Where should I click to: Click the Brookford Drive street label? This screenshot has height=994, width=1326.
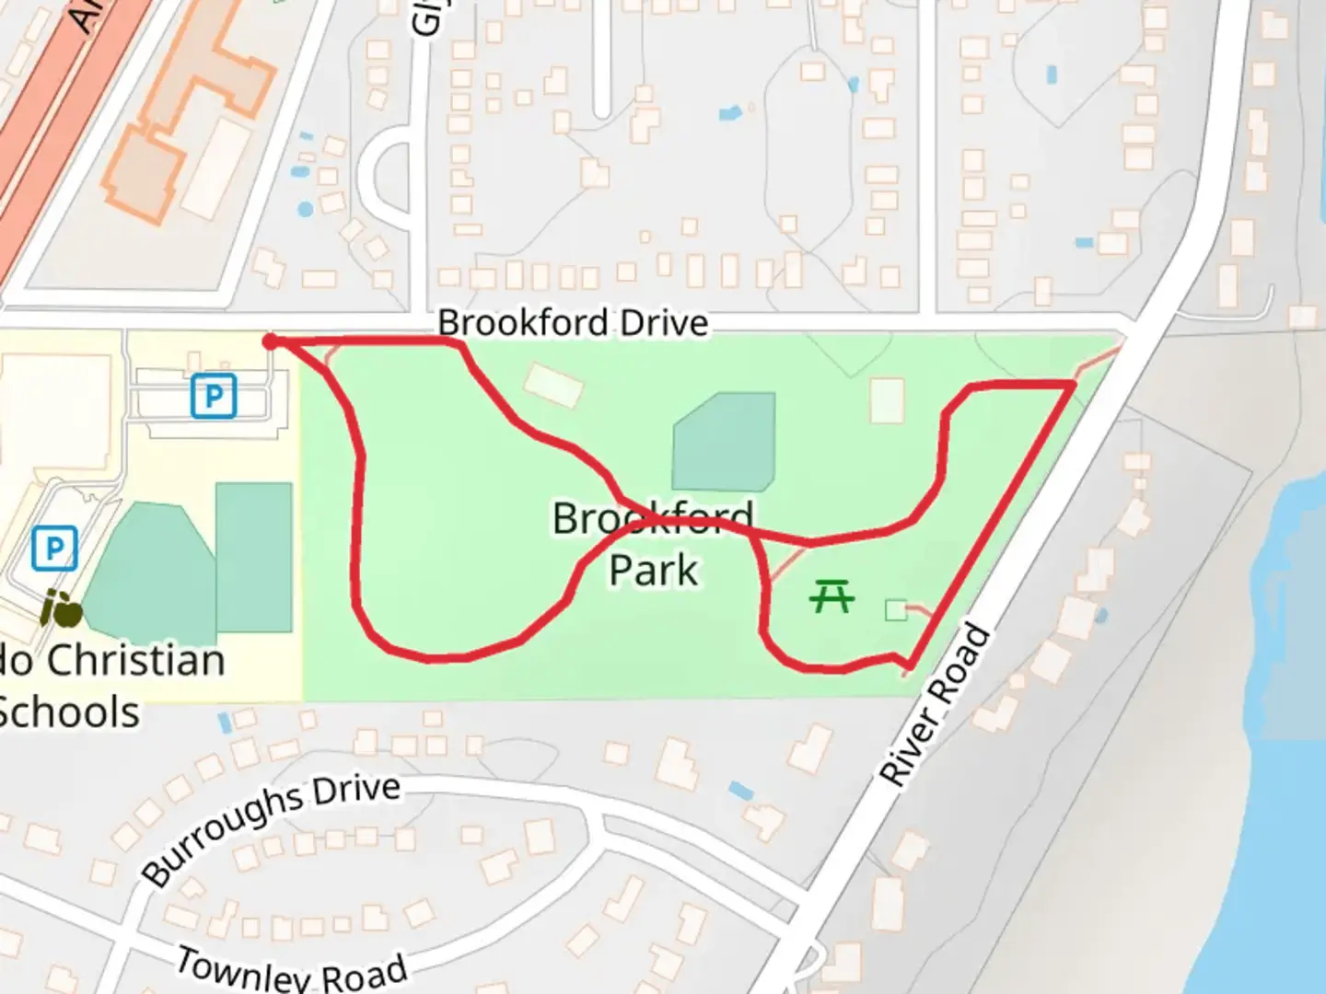click(573, 323)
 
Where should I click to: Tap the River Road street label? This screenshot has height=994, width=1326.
click(936, 706)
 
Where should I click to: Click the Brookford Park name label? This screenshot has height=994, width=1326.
click(653, 544)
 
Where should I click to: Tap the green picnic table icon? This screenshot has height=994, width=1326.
click(832, 595)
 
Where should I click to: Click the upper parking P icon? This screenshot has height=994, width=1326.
click(214, 397)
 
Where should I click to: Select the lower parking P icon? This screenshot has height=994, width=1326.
click(54, 549)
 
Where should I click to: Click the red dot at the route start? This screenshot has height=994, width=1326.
click(270, 342)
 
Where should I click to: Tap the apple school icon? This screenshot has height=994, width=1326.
click(62, 609)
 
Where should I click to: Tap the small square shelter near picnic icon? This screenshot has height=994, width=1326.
click(895, 610)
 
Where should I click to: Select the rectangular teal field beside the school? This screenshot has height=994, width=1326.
click(253, 557)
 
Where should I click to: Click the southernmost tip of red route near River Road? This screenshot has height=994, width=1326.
click(910, 666)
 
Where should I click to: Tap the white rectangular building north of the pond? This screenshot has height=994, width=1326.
click(553, 384)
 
